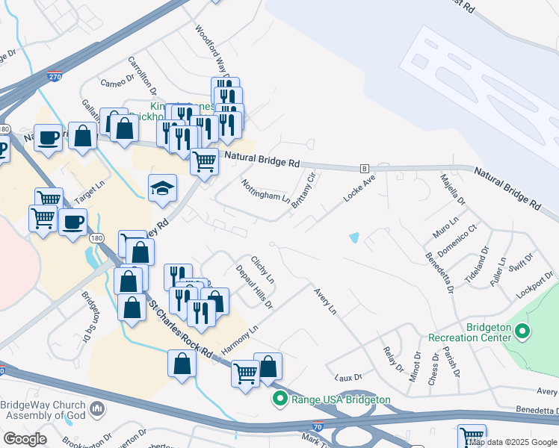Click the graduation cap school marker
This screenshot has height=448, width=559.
click(x=162, y=189)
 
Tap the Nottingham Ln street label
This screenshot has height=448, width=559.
click(x=265, y=192)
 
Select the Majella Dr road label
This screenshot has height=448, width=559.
click(x=452, y=191)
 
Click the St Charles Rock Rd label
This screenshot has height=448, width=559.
click(x=182, y=329)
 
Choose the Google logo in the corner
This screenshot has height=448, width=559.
click(x=25, y=439)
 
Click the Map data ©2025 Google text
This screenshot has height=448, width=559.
click(x=512, y=442)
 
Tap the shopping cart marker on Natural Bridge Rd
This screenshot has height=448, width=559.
click(x=204, y=161)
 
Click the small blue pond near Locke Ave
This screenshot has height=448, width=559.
click(x=353, y=238)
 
